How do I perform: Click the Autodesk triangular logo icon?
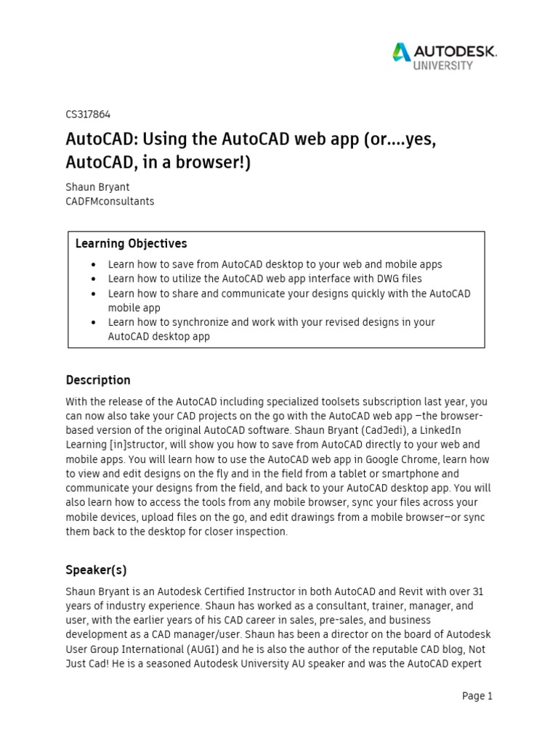click(402, 52)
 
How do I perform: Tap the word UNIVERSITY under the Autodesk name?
click(443, 65)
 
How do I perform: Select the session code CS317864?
click(88, 114)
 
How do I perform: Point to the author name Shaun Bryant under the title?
click(97, 186)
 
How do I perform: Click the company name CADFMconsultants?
click(110, 201)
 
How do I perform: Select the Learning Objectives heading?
click(131, 244)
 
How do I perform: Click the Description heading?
click(98, 380)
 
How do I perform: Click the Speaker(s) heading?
click(96, 570)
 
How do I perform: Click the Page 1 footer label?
click(477, 696)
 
